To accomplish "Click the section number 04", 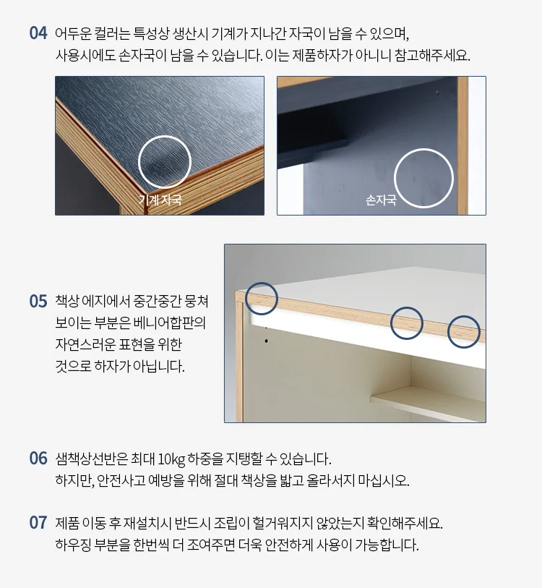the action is pyautogui.click(x=38, y=33).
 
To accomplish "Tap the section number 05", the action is pyautogui.click(x=38, y=301).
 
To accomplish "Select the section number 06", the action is pyautogui.click(x=38, y=459).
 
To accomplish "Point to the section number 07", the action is pyautogui.click(x=38, y=522).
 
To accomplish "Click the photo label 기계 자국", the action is pyautogui.click(x=160, y=200).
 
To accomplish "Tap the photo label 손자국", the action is pyautogui.click(x=381, y=200).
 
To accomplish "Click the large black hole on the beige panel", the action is pyautogui.click(x=266, y=341).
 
